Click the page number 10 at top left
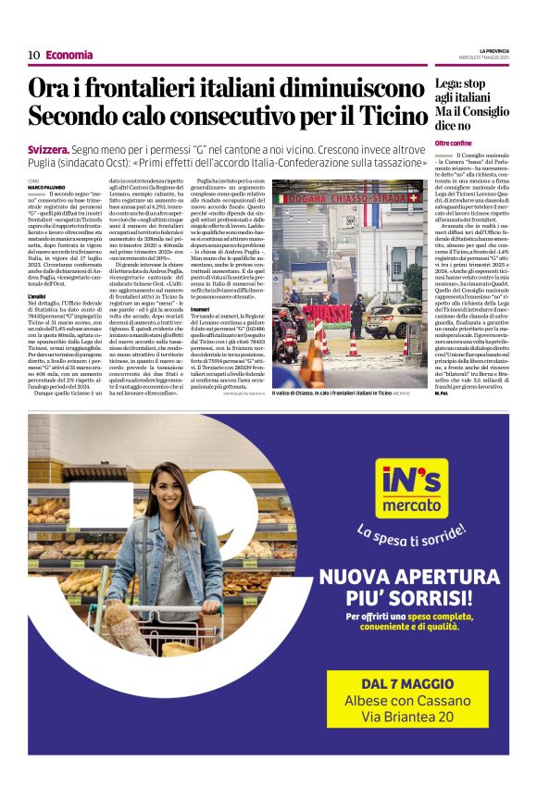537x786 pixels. point(33,55)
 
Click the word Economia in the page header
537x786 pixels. point(69,55)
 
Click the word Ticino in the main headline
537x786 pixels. point(379,117)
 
